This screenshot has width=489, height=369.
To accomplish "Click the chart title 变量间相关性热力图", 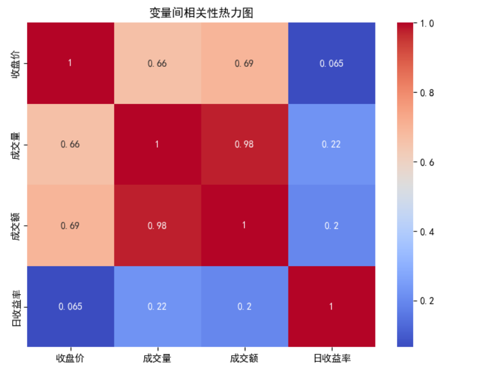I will (x=201, y=12).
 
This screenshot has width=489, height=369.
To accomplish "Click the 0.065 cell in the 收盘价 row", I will (x=331, y=63).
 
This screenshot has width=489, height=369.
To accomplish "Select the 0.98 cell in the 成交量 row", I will (x=244, y=144).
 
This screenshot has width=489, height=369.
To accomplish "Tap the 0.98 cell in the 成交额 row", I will (x=157, y=225).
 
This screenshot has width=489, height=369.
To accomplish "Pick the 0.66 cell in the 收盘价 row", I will (x=157, y=63).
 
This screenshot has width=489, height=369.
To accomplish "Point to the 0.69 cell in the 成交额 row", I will (x=70, y=225).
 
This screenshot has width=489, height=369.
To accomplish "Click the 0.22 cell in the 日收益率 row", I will (x=157, y=306).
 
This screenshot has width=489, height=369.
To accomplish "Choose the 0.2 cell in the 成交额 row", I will (x=331, y=225).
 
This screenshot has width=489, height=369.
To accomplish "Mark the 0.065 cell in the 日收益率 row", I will (x=70, y=306).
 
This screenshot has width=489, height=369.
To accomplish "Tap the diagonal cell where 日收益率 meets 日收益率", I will (x=331, y=306).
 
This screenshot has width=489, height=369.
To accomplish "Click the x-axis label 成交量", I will (x=157, y=358).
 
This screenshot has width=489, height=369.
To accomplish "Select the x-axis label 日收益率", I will (x=331, y=358).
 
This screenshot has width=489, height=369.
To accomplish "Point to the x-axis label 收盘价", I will (x=70, y=358).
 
